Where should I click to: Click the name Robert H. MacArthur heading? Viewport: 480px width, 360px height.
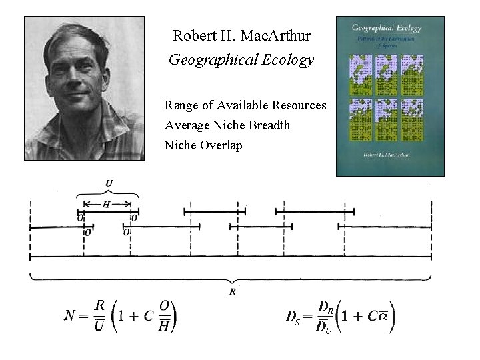(241, 35)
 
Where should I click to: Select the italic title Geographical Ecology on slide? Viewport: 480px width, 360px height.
(241, 60)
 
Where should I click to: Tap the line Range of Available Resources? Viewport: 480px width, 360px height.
(245, 105)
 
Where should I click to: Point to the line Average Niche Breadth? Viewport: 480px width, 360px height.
(227, 125)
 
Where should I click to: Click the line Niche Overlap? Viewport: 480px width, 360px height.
(203, 145)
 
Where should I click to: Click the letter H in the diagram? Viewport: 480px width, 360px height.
(107, 205)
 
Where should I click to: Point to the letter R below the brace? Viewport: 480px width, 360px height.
(232, 291)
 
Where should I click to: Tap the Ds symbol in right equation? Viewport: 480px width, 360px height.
(293, 316)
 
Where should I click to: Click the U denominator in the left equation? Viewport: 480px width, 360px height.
(99, 325)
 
